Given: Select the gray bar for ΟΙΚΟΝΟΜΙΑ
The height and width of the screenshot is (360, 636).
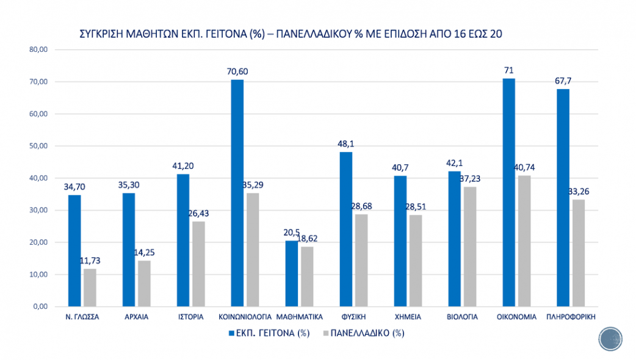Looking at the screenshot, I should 524,241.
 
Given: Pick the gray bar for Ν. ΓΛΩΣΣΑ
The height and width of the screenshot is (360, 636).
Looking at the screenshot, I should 90,287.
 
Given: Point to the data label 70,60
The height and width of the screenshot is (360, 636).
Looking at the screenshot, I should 237,71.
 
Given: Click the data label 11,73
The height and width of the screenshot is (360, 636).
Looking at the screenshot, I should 90,261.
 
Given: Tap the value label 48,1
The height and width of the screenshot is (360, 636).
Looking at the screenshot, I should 345,143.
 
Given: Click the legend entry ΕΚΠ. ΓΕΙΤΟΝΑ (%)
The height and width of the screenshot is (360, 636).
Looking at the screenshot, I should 269,333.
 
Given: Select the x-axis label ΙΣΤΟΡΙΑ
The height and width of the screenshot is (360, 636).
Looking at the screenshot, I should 190,317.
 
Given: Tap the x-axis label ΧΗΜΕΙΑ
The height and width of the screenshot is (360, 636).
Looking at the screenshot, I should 407,317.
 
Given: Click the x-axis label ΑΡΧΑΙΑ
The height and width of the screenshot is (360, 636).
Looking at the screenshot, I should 136,317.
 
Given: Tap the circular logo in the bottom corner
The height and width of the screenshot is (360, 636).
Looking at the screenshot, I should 610,340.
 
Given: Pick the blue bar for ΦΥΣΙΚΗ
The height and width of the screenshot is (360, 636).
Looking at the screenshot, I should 345,229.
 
